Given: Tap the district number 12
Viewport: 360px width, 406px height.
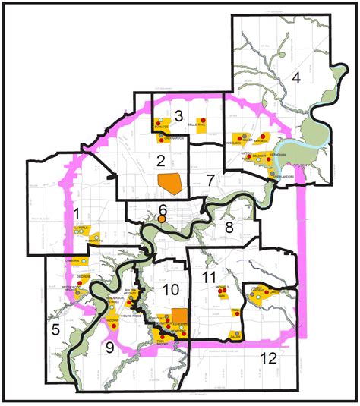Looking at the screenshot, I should click(267, 358).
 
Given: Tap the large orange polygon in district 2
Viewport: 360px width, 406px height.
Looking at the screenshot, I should click(170, 183).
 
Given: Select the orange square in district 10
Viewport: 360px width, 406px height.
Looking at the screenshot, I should click(179, 316).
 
